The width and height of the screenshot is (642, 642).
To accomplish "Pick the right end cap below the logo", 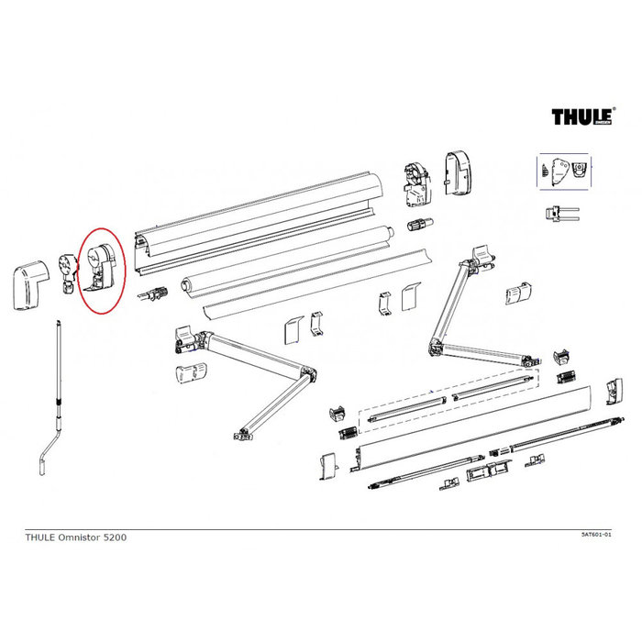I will tap(456, 172).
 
